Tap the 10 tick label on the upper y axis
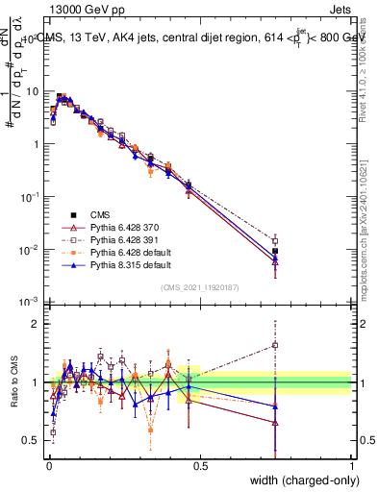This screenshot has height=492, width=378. click(x=31, y=91)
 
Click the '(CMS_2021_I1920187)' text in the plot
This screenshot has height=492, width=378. click(x=200, y=285)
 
